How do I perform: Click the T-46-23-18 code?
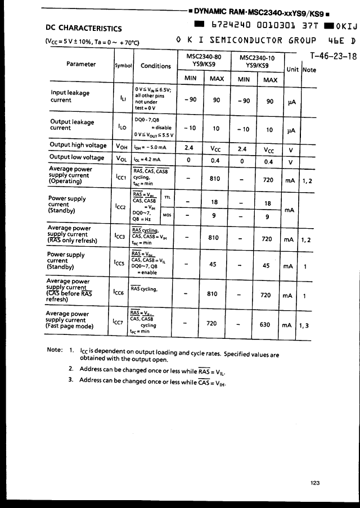point(334,56)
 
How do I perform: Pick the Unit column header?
point(292,69)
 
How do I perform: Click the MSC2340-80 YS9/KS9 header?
point(203,60)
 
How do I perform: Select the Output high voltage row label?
point(78,145)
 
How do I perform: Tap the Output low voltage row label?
point(77,158)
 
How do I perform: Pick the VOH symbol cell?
point(121,146)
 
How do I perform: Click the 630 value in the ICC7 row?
point(268,324)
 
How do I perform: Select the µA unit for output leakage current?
point(291,130)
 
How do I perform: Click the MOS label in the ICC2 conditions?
point(167,214)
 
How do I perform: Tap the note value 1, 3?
point(305,324)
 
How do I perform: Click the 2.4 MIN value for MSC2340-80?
point(190,149)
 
